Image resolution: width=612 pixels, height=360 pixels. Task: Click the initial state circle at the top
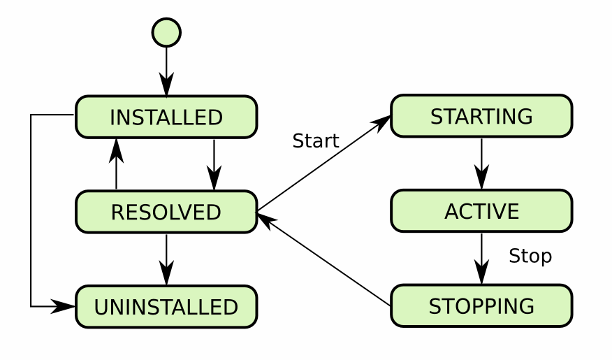point(166,32)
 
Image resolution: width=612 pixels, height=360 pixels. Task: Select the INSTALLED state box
point(166,117)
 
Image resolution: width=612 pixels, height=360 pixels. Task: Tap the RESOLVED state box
point(166,212)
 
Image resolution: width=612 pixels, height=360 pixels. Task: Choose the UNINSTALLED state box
point(166,307)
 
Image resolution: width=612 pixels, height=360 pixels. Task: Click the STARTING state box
point(481,116)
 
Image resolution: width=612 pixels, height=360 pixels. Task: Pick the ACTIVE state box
point(481,211)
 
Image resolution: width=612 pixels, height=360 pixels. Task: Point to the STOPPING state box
point(481,306)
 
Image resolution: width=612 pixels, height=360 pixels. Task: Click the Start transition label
point(316,141)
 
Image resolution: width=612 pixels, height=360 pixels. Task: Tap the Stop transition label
point(530,257)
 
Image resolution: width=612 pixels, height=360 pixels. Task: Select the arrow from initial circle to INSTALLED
point(166,70)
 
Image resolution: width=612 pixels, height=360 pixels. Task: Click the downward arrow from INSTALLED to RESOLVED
point(214,164)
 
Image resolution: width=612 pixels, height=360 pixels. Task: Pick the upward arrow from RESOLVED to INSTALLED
point(117,164)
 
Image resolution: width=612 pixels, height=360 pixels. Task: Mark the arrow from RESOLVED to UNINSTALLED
point(166,259)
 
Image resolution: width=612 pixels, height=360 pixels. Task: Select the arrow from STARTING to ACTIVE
point(481,164)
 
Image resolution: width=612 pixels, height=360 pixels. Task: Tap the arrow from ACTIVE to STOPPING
point(481,259)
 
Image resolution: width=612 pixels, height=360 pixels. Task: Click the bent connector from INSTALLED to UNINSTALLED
point(31,210)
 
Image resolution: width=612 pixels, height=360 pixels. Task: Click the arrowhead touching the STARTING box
point(382,122)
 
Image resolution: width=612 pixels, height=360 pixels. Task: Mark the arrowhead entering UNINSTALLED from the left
point(66,306)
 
